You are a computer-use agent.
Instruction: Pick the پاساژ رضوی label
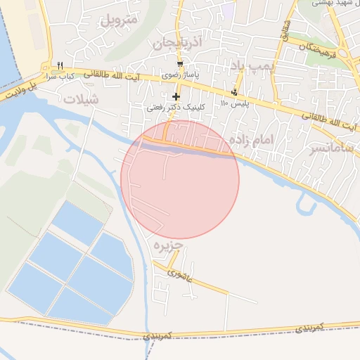[181, 74]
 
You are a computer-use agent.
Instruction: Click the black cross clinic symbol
[175, 96]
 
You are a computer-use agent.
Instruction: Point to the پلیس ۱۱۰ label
[234, 103]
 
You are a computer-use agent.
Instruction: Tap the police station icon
[234, 92]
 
